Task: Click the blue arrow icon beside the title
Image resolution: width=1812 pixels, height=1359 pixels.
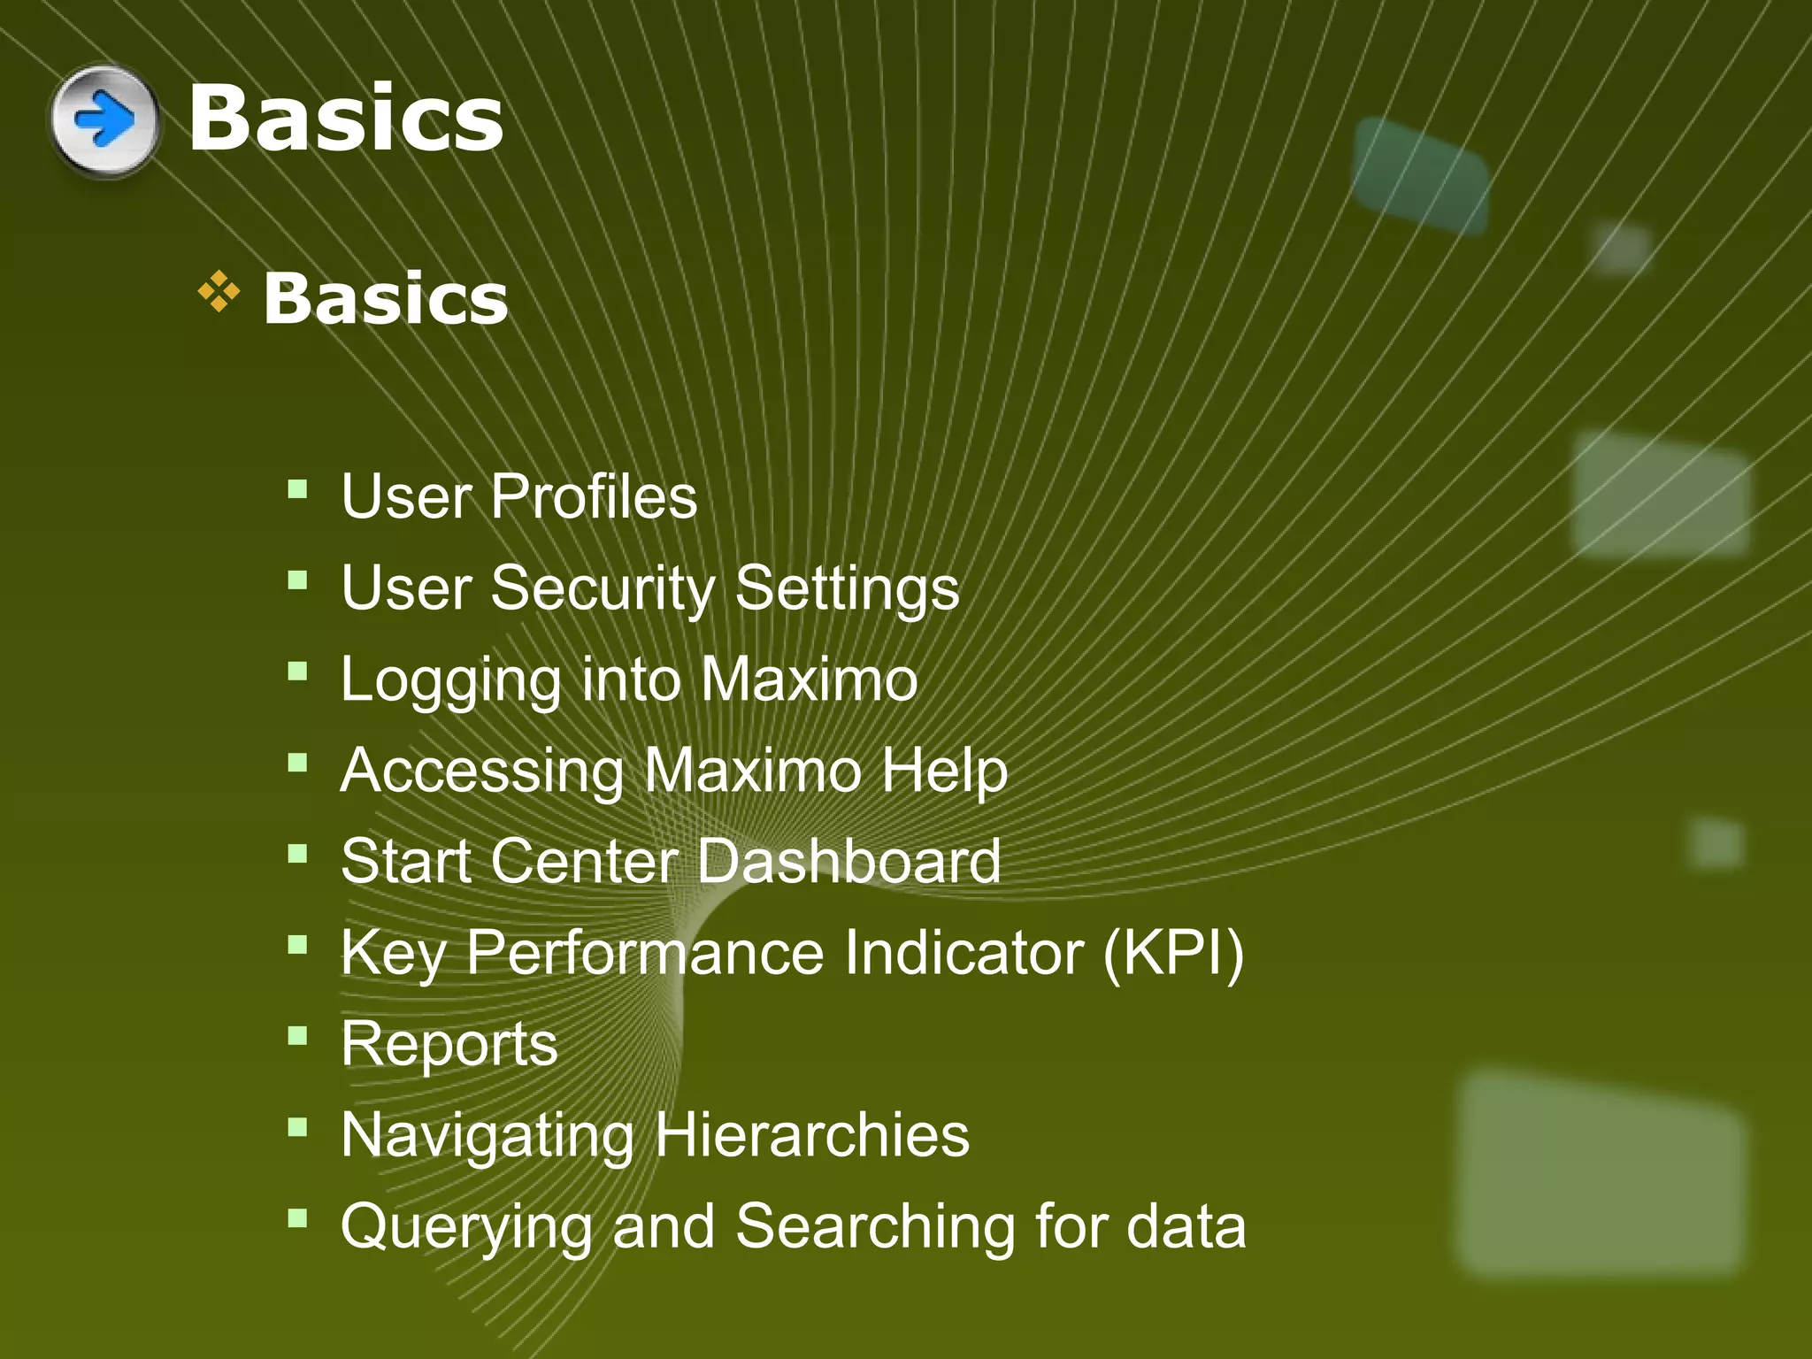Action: tap(104, 119)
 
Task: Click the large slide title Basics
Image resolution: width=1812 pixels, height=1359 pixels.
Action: tap(345, 118)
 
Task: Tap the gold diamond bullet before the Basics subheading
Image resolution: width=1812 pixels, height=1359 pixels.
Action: tap(219, 293)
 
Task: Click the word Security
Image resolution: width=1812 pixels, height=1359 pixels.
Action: tap(603, 588)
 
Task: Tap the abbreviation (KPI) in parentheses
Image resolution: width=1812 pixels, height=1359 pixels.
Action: tap(1173, 953)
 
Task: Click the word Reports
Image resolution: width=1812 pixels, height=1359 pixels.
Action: tap(449, 1045)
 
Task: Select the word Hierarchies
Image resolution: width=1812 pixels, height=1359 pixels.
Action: tap(811, 1135)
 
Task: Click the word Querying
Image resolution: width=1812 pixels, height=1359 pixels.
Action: tap(466, 1228)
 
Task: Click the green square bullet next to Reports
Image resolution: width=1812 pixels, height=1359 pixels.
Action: tap(297, 1035)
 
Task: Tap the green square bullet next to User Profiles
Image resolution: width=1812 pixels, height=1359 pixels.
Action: tap(297, 488)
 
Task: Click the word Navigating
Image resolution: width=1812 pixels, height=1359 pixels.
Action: tap(488, 1137)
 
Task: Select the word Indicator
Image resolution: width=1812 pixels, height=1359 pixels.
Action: tap(964, 953)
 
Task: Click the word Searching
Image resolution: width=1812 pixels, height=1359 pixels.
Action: tap(875, 1228)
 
